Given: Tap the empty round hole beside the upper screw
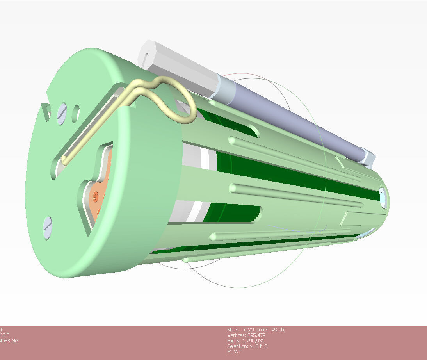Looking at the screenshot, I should click(76, 112).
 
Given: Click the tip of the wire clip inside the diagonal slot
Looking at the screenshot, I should click(65, 160).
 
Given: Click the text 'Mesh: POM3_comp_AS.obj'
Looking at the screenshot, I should click(256, 330).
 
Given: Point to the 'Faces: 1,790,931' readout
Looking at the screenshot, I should click(246, 341).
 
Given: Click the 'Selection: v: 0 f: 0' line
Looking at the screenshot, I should click(247, 346).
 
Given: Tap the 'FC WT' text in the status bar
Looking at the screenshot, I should click(234, 352).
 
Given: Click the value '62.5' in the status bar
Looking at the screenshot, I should click(4, 335).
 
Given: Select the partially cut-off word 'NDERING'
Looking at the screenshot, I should click(9, 341).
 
